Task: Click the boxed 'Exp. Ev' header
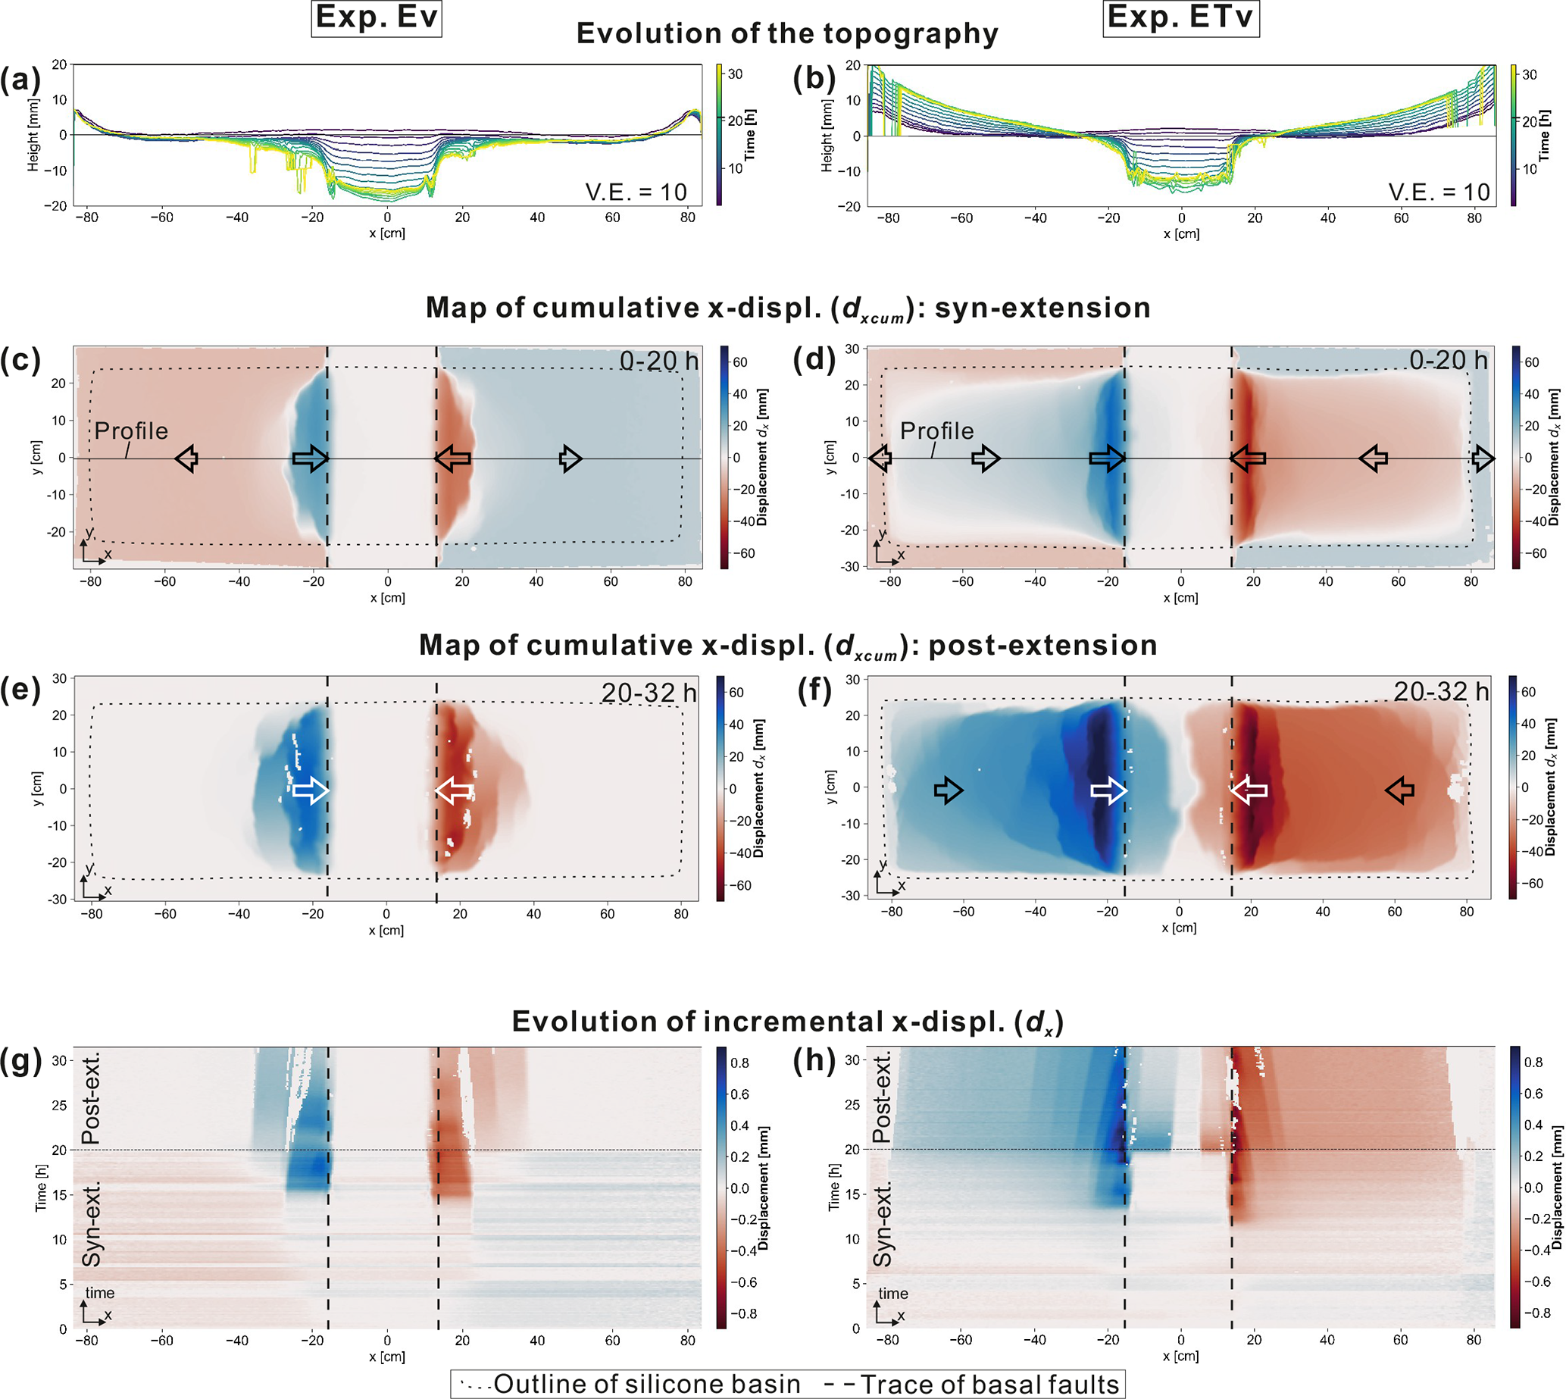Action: click(x=377, y=17)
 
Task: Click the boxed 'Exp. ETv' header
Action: click(x=1181, y=17)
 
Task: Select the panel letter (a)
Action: click(x=20, y=80)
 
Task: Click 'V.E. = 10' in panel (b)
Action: click(x=1439, y=192)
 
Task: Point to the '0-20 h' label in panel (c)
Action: click(x=658, y=361)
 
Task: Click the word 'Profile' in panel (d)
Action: click(x=936, y=430)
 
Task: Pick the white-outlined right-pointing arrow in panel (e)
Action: click(x=311, y=790)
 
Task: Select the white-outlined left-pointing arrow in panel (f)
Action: click(x=1249, y=790)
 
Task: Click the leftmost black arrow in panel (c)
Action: click(x=186, y=459)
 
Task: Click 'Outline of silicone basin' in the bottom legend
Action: click(x=646, y=1384)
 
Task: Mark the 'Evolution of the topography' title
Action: click(x=787, y=34)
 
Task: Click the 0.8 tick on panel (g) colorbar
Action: click(x=740, y=1063)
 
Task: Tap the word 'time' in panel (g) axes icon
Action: click(x=100, y=1293)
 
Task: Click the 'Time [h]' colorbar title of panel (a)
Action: click(x=751, y=135)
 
